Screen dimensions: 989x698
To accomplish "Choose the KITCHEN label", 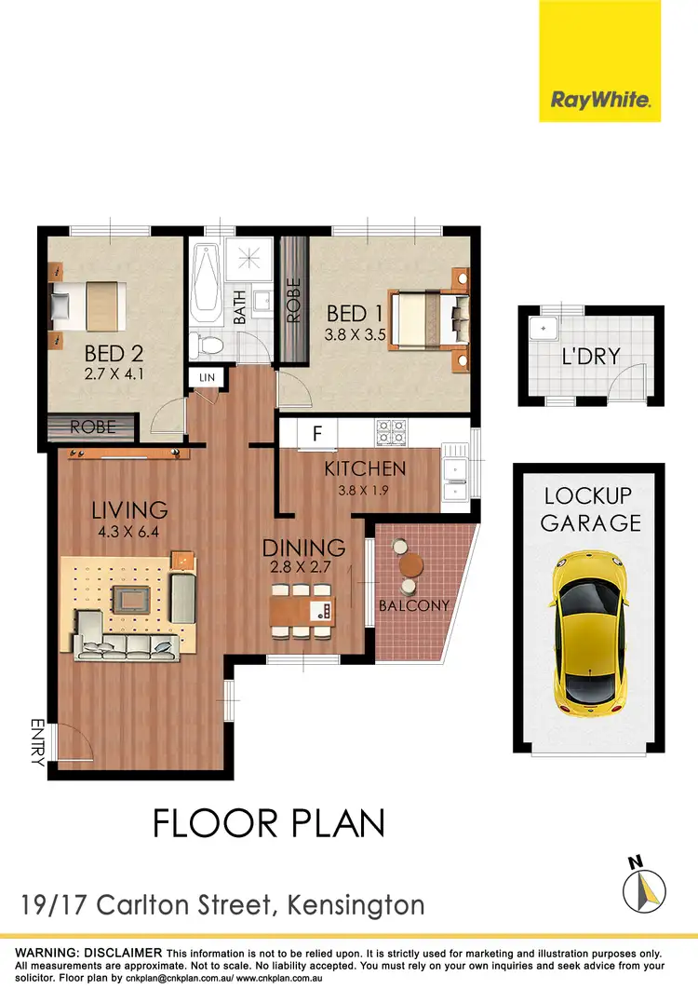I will point(365,469).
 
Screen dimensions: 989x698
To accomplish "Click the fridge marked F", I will point(317,434).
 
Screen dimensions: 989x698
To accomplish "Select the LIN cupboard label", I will point(205,378).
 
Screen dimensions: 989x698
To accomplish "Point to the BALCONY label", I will point(414,605).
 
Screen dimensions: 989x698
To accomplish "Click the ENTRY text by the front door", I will point(38,741).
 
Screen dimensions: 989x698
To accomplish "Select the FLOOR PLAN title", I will point(268,823).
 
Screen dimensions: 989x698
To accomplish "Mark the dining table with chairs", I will point(301,611).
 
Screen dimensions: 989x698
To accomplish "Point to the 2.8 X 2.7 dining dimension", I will point(303,566).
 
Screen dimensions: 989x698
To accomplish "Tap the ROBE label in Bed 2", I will point(93,427).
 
